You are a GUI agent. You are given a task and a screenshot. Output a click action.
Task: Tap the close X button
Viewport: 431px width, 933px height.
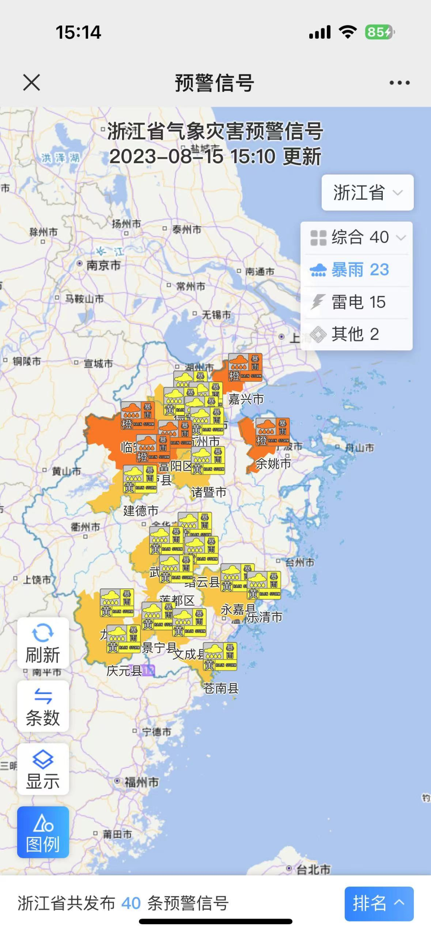pos(32,82)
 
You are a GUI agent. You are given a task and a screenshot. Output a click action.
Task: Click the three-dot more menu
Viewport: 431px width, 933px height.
pos(399,82)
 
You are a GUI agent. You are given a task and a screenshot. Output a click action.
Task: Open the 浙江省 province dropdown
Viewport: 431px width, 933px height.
pos(368,192)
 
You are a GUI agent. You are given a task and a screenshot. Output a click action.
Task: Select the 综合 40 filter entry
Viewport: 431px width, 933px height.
pos(357,238)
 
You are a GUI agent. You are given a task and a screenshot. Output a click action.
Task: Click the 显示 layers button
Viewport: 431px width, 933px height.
pos(43,769)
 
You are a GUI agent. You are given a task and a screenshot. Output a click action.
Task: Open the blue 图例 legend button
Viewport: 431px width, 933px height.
pos(43,832)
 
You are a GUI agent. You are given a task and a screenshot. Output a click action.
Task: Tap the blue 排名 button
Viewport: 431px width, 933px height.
pos(379,904)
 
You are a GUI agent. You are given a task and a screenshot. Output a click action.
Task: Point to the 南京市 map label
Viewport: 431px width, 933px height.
pos(103,265)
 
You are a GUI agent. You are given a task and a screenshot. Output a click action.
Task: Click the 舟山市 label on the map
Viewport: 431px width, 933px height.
pos(359,448)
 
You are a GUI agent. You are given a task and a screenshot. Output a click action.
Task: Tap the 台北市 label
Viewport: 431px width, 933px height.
pos(313,869)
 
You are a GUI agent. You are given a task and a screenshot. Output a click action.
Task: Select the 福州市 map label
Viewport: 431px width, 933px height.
pos(141,782)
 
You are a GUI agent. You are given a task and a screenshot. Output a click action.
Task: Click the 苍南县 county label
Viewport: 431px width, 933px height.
pos(221,688)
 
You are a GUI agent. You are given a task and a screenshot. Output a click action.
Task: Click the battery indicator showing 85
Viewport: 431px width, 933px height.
pos(379,32)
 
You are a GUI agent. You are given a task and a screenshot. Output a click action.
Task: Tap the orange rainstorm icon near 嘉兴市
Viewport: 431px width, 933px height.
pos(245,367)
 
